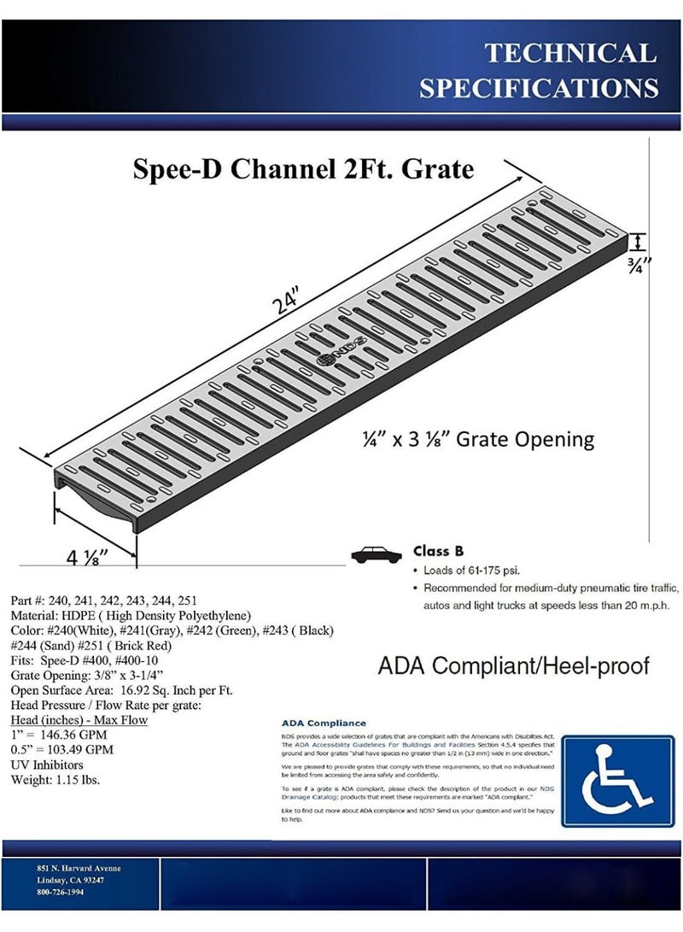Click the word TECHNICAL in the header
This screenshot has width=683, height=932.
click(571, 53)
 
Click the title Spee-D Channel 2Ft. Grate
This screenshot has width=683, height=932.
click(303, 168)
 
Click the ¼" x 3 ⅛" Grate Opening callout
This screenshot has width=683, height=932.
click(476, 440)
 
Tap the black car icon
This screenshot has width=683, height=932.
click(377, 554)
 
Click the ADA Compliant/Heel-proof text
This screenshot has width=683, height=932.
click(514, 666)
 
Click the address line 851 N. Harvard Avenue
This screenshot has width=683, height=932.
click(79, 869)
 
